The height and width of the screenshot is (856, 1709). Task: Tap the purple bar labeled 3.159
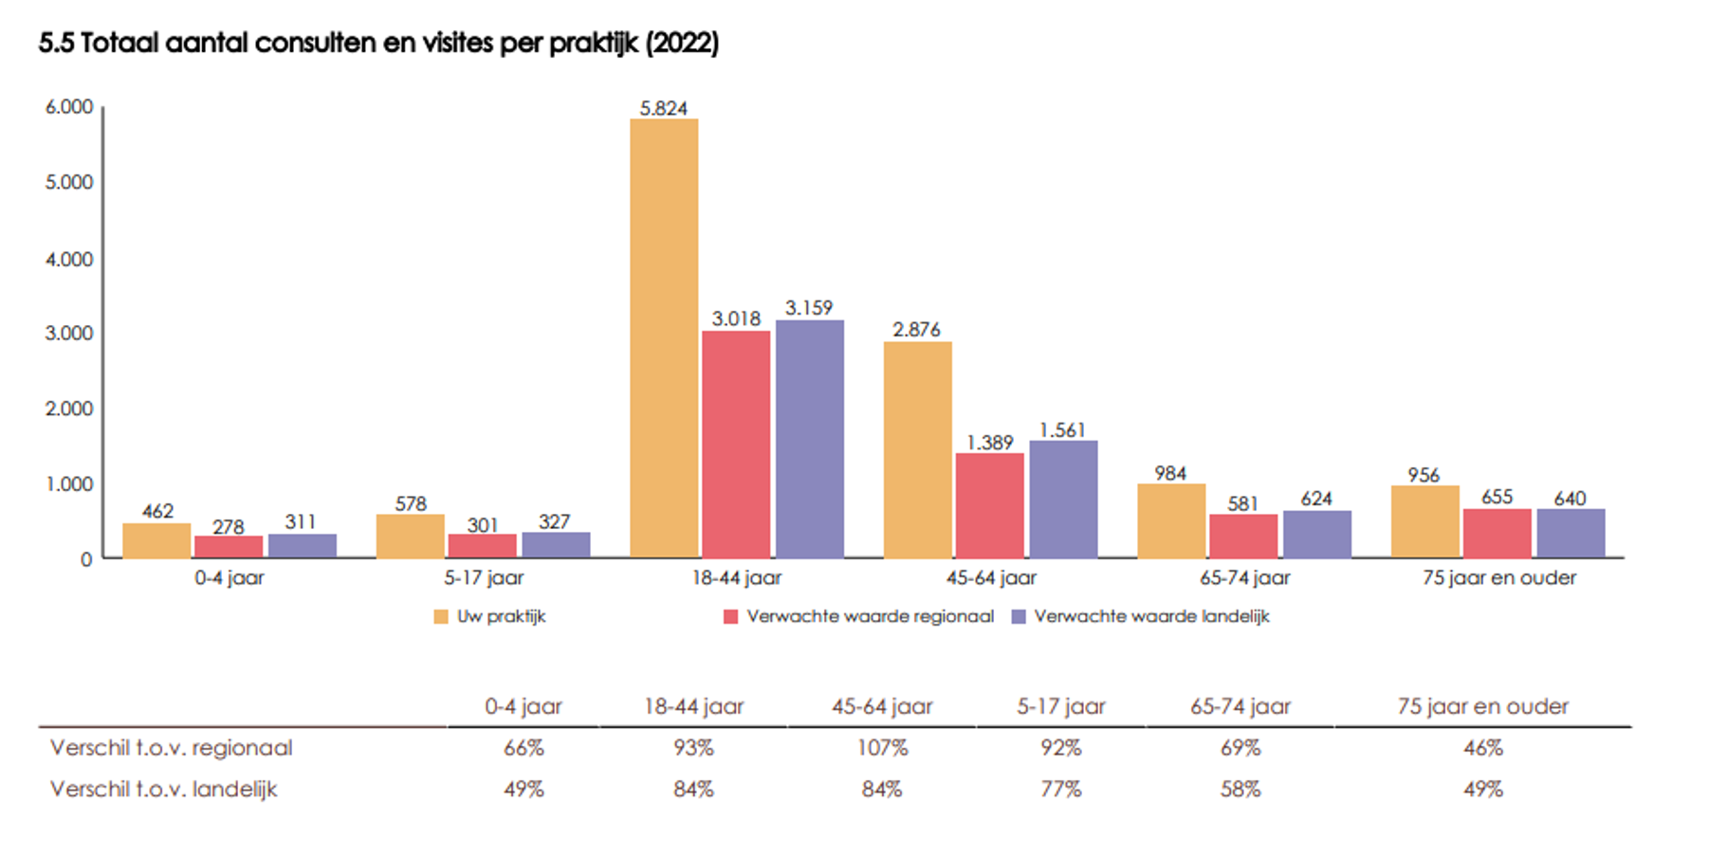(x=809, y=439)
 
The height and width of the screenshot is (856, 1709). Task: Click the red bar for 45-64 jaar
(x=989, y=505)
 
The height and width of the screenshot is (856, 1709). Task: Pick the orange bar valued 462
(x=156, y=540)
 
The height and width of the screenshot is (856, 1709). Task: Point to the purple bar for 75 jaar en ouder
(x=1571, y=533)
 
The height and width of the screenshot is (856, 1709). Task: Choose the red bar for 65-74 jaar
(x=1243, y=536)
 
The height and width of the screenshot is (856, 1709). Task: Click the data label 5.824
(x=663, y=108)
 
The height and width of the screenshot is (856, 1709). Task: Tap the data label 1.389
(x=989, y=443)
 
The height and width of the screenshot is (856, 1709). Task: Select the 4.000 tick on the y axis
(x=69, y=259)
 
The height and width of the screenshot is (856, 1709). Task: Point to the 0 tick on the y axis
(x=86, y=559)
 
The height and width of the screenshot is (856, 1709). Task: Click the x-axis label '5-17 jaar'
(x=484, y=577)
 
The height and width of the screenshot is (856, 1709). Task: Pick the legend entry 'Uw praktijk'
(x=501, y=616)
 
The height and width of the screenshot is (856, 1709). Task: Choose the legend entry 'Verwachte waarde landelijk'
(x=1150, y=616)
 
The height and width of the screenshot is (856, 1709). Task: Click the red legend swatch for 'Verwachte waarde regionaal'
(x=730, y=617)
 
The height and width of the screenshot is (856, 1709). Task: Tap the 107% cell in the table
(x=882, y=748)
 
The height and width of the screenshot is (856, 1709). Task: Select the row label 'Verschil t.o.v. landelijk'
(x=164, y=789)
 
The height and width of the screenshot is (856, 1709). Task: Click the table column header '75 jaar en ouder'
(x=1482, y=706)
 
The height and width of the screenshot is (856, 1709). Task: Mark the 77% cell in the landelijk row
(x=1060, y=789)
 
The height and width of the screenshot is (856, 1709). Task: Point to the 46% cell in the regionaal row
(x=1482, y=748)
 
